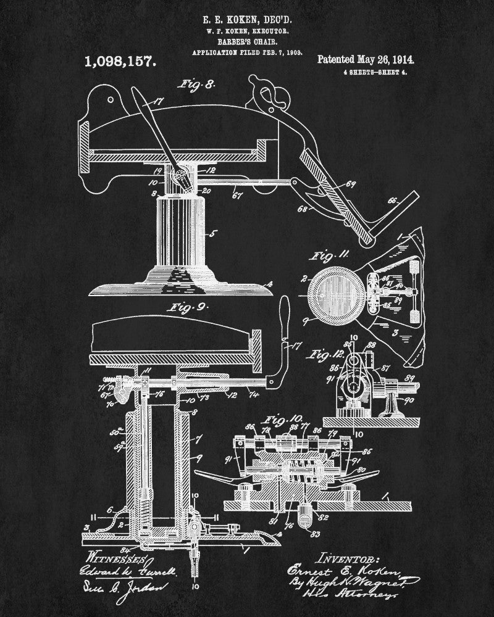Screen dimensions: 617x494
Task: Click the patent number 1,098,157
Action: pyautogui.click(x=119, y=62)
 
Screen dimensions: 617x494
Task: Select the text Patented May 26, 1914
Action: pyautogui.click(x=365, y=60)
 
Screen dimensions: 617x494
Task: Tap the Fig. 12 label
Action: pyautogui.click(x=325, y=354)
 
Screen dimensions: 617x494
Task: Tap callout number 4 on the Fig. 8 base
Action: pyautogui.click(x=269, y=285)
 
